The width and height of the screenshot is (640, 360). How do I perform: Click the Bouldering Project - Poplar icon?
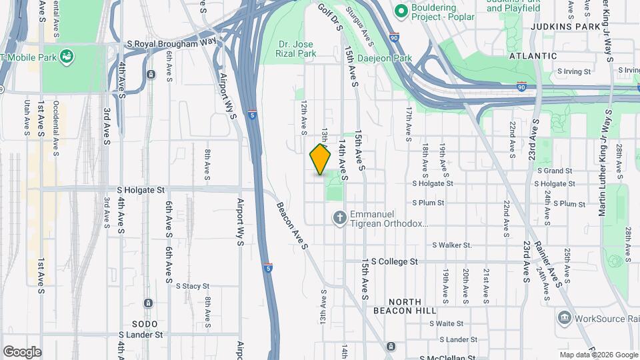click(x=401, y=11)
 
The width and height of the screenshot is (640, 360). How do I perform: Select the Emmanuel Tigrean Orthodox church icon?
click(x=339, y=217)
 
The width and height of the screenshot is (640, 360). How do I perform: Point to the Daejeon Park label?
click(x=386, y=59)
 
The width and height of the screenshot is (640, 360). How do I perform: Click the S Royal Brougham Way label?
click(x=172, y=43)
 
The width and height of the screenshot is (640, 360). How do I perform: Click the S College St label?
click(x=394, y=261)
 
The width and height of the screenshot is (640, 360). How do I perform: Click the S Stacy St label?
click(x=193, y=286)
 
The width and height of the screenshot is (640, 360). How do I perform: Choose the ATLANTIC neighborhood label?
click(x=533, y=56)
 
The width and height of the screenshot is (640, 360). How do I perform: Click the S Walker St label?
click(x=452, y=245)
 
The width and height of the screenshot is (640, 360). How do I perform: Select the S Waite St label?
click(x=447, y=323)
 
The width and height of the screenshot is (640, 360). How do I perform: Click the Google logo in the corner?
click(x=22, y=351)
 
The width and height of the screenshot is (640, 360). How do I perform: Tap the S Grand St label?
click(x=555, y=171)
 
